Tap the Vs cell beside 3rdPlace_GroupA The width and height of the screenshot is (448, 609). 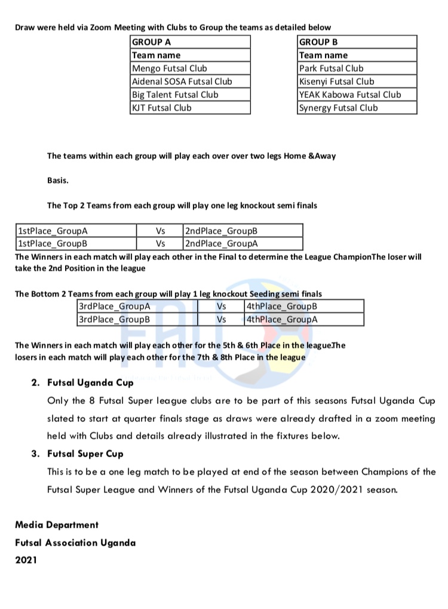[x=222, y=306]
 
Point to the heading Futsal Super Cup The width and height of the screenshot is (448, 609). [x=85, y=454]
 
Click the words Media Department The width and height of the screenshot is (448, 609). [x=57, y=525]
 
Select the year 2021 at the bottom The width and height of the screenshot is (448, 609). [x=26, y=561]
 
